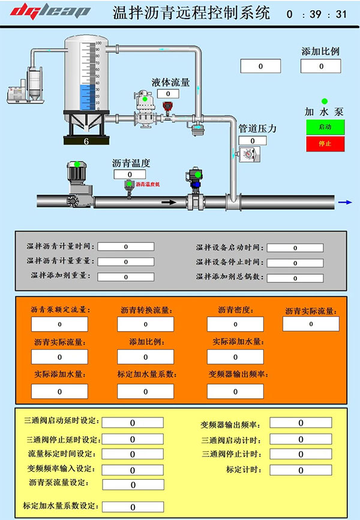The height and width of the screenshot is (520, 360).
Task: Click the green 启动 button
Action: [324, 127]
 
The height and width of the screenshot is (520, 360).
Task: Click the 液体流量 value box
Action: [168, 94]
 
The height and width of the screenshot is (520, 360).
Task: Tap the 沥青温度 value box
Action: [130, 174]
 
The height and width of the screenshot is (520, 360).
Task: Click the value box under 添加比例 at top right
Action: [320, 66]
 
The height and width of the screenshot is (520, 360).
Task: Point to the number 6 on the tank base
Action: [86, 142]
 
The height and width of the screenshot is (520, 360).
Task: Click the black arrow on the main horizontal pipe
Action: [170, 202]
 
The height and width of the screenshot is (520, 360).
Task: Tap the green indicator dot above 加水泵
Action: [325, 101]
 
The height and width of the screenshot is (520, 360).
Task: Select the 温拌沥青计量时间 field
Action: [126, 247]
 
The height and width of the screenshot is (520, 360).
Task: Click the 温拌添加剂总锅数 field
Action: [295, 278]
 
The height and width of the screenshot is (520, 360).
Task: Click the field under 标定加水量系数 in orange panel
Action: [146, 391]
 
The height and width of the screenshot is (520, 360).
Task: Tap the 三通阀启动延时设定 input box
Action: [133, 423]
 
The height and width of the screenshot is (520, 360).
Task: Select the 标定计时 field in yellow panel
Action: [301, 470]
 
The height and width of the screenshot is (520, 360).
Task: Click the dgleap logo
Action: [51, 11]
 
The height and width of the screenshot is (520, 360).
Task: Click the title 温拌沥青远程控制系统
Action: [191, 13]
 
